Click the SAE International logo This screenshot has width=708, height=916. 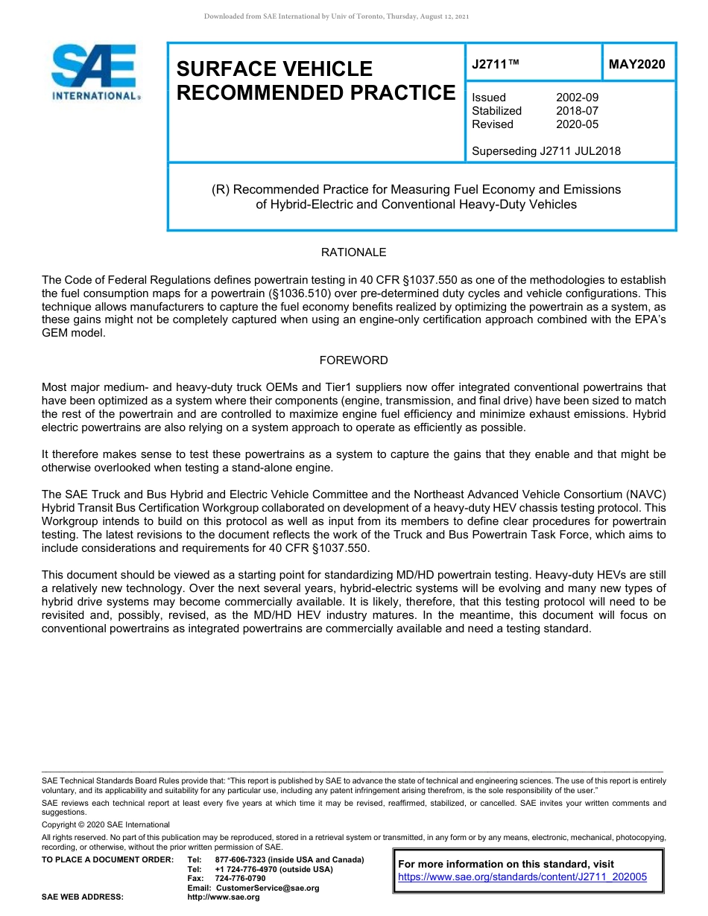click(x=95, y=72)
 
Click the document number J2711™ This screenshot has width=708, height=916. click(x=494, y=64)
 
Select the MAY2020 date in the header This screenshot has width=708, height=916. click(x=636, y=64)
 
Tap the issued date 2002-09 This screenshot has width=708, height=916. click(x=577, y=98)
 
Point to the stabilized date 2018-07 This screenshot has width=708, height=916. click(x=577, y=111)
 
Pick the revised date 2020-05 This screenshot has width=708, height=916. click(x=577, y=124)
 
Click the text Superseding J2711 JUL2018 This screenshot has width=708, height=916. click(x=546, y=151)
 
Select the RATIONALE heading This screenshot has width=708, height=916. click(x=353, y=252)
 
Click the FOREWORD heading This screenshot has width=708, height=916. click(x=353, y=360)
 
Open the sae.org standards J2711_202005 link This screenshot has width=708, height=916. click(x=522, y=877)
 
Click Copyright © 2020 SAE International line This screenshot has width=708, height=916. click(x=106, y=824)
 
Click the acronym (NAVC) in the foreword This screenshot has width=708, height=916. click(x=645, y=494)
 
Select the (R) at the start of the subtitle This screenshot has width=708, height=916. click(x=220, y=190)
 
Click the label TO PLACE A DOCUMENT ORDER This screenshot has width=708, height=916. click(x=107, y=859)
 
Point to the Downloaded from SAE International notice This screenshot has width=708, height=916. click(x=336, y=16)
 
